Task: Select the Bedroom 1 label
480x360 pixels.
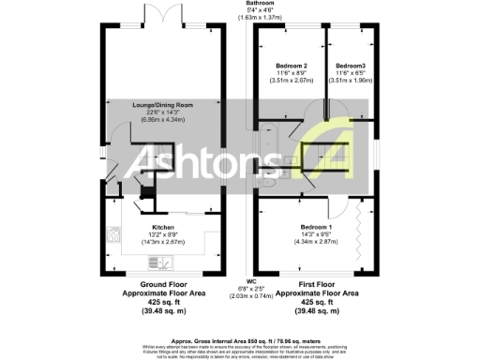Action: (315, 228)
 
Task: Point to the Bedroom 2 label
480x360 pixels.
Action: (291, 66)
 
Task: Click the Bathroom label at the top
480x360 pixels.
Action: (248, 4)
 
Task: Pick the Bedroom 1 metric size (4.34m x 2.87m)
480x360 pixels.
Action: (315, 241)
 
